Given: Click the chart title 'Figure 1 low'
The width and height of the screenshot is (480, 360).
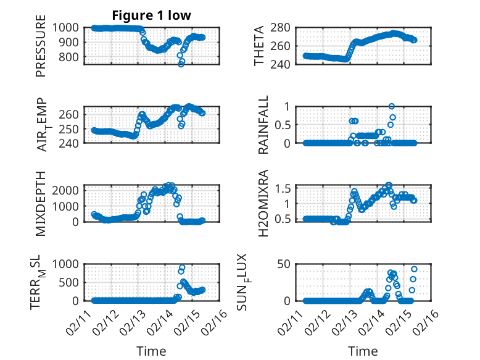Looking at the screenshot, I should coord(151,15).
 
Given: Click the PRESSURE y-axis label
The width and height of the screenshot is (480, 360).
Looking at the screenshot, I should coord(41,50).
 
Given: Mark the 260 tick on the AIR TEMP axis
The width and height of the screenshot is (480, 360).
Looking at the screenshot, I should coord(70,115).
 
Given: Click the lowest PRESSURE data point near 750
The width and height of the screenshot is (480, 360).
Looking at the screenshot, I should coord(181,64).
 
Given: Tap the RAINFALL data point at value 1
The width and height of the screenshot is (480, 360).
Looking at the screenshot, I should coord(391,106).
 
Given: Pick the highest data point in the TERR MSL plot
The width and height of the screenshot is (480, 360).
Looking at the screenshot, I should coord(182,267).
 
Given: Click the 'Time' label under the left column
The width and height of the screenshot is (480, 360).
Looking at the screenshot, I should coord(151,351).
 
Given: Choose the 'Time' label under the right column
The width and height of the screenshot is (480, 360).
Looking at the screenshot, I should coord(363,351).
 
